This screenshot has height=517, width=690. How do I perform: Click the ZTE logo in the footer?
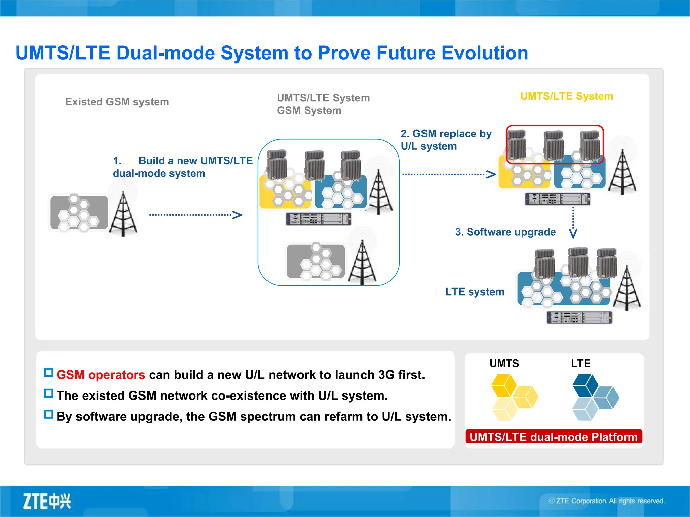click(47, 501)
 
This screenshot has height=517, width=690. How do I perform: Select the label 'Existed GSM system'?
click(117, 102)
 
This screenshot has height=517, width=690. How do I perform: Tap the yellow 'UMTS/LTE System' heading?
click(566, 96)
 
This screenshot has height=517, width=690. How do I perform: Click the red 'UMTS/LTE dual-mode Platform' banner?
click(554, 437)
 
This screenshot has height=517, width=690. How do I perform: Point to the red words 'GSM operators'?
click(101, 375)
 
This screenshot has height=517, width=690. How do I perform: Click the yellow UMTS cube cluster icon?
click(513, 397)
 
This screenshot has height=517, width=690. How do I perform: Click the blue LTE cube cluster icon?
click(595, 397)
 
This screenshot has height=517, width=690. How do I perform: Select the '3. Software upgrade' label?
click(505, 232)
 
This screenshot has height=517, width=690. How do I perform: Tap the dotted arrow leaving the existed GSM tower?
click(195, 215)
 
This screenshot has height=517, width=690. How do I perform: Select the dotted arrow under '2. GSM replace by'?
click(448, 174)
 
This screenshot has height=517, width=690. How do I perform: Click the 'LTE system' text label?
click(474, 291)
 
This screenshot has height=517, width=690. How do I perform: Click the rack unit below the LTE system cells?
click(579, 317)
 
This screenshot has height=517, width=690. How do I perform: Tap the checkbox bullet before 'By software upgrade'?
click(49, 414)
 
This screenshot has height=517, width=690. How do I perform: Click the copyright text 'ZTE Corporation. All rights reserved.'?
click(606, 501)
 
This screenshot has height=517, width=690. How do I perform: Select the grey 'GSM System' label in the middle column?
click(309, 111)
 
